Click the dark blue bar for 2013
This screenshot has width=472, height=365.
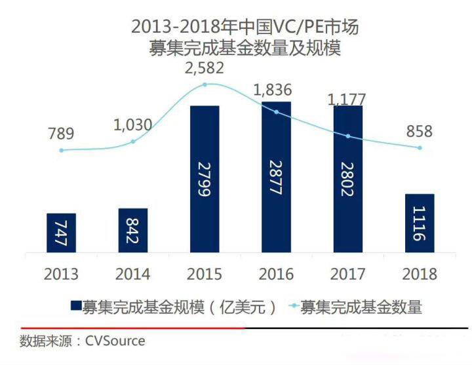[62, 233]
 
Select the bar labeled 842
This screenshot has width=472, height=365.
[133, 230]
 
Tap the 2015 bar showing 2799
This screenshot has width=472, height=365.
[205, 178]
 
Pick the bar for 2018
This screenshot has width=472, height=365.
[420, 223]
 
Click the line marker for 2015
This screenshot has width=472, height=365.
[205, 85]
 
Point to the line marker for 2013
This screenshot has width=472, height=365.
[62, 150]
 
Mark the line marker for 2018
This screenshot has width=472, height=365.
[420, 147]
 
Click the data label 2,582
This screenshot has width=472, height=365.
[205, 67]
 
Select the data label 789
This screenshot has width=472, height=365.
[60, 134]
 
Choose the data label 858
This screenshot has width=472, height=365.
[419, 131]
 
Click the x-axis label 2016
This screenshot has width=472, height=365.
[276, 274]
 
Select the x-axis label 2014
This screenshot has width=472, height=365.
[133, 274]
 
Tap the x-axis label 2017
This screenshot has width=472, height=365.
[347, 274]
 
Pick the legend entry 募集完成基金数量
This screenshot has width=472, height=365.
[361, 306]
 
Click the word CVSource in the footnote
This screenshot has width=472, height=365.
[115, 341]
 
